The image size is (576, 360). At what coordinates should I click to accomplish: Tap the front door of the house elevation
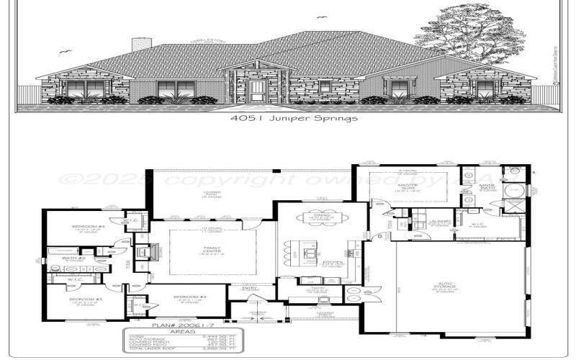pyautogui.click(x=256, y=91)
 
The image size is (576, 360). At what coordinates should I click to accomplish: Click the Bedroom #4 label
pyautogui.click(x=88, y=228)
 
